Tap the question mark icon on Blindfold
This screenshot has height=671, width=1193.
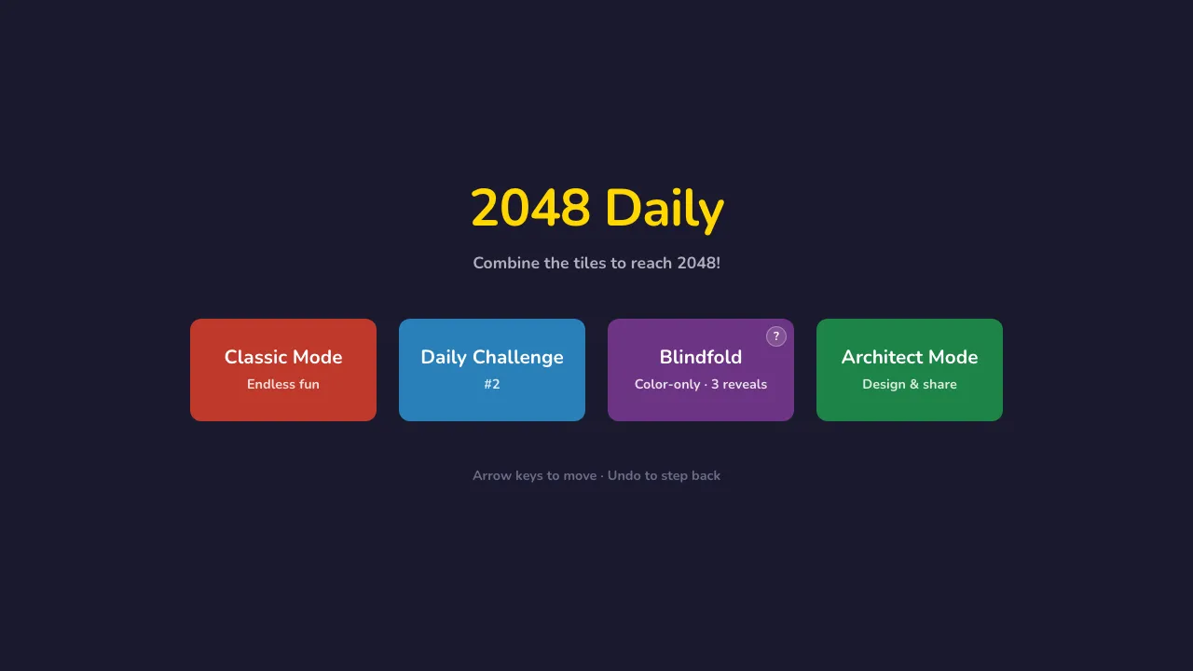click(776, 336)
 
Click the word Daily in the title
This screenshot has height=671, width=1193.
click(664, 208)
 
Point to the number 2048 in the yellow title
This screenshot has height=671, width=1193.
click(530, 208)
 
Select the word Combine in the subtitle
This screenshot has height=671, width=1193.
click(506, 263)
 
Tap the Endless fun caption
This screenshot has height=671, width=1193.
click(283, 384)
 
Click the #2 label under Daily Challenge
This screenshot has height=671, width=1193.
click(492, 384)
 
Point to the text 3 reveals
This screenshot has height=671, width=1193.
click(739, 384)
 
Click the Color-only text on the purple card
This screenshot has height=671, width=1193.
click(666, 384)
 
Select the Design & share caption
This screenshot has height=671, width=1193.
click(910, 384)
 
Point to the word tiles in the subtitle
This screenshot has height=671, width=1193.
click(590, 263)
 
